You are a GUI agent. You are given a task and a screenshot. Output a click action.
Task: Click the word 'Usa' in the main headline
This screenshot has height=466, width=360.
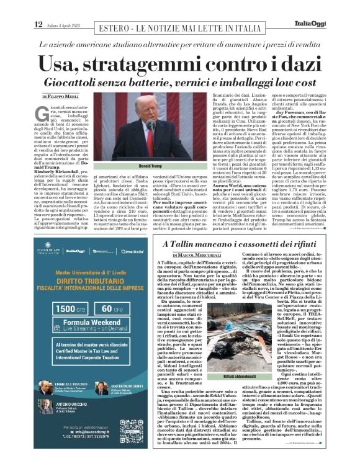click(61, 63)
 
